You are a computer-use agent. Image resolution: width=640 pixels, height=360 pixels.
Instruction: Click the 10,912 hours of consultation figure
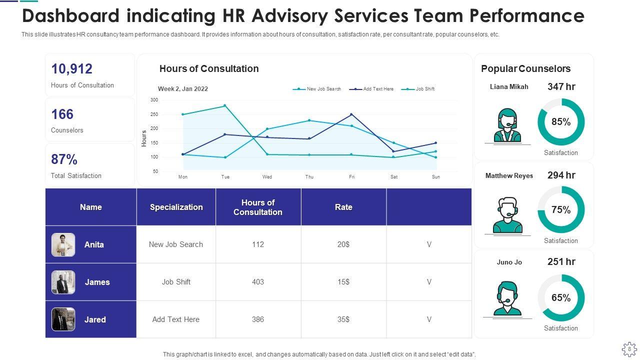click(71, 69)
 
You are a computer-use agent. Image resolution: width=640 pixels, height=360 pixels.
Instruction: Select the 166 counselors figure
click(62, 114)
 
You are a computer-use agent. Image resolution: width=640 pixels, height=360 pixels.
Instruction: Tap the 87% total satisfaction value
click(64, 159)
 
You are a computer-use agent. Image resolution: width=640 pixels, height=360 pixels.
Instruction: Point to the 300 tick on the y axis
click(154, 100)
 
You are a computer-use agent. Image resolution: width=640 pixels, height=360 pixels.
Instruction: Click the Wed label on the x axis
click(267, 177)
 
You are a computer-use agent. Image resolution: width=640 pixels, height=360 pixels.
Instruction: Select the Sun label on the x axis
click(435, 177)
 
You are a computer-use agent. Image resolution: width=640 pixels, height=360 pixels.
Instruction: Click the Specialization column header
click(176, 207)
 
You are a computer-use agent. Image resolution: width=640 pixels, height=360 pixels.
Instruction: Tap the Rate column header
click(343, 207)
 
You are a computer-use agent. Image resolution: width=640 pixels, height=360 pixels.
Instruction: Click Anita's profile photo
click(63, 244)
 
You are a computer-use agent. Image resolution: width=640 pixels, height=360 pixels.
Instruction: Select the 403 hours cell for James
click(258, 282)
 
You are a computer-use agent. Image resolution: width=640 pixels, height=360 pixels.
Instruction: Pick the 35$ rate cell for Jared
click(343, 319)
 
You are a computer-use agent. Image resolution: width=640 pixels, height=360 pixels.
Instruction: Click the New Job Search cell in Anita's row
click(176, 244)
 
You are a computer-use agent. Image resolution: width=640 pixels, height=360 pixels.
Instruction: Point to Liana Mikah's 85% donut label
click(561, 122)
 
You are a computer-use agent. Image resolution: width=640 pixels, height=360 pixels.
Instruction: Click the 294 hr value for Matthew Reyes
click(561, 175)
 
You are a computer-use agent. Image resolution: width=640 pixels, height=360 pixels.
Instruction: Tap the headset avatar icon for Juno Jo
click(507, 298)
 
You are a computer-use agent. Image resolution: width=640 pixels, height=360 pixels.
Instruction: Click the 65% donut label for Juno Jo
click(561, 298)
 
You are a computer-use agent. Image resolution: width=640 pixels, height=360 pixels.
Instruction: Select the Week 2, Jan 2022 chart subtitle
click(183, 89)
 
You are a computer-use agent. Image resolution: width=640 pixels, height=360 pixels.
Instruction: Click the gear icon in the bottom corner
click(629, 348)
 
